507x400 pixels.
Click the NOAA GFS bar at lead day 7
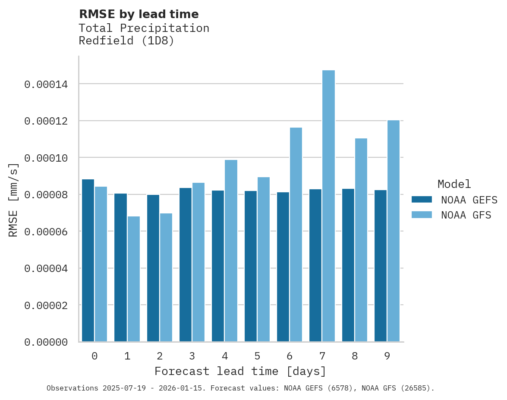pos(328,206)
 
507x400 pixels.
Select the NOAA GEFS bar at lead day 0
pos(88,260)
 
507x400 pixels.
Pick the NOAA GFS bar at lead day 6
pos(296,234)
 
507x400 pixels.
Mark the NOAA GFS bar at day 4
pos(231,251)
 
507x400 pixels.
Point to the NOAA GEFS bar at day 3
pos(186,265)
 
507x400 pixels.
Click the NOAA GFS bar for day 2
pos(166,278)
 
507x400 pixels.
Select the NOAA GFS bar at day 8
pos(361,240)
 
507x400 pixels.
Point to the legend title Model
pos(454,184)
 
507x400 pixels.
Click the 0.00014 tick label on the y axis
pos(46,84)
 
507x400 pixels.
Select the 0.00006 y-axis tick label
pos(46,232)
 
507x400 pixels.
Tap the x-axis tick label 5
pos(257,356)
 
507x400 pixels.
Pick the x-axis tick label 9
pos(387,356)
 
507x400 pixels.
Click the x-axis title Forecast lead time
pos(240,371)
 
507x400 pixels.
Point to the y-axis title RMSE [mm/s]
pos(13,200)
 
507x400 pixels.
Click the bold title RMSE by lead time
pos(139,14)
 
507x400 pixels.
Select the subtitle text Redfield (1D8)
pos(126,41)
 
